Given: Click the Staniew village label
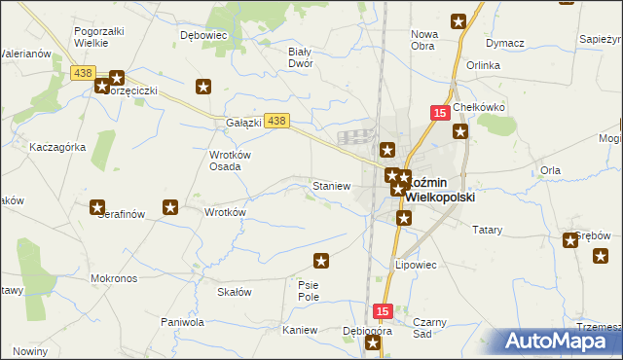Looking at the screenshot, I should [330, 185].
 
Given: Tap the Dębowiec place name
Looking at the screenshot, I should [203, 34].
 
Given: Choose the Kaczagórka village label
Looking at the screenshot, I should [57, 147].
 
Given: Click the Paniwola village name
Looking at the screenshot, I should [182, 321].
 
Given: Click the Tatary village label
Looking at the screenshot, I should [487, 231].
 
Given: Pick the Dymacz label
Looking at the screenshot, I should [505, 44].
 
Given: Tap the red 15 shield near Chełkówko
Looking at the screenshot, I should [439, 114].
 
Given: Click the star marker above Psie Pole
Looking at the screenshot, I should [321, 260].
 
